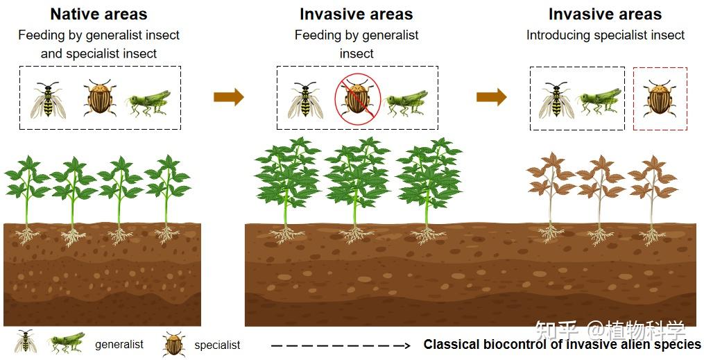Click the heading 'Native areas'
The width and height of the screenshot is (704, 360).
[98, 15]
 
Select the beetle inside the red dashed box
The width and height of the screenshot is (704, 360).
[660, 98]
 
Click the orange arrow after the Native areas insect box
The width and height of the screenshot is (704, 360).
[228, 97]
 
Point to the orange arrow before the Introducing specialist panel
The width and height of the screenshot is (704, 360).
[491, 97]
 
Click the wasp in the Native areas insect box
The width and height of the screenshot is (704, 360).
[49, 100]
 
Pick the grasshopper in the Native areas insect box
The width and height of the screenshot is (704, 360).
[150, 103]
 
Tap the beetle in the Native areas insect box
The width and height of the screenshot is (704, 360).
[100, 97]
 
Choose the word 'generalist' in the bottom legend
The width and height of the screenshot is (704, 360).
[119, 345]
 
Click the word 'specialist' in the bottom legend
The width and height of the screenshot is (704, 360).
[217, 345]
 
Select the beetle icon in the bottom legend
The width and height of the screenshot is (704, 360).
[174, 344]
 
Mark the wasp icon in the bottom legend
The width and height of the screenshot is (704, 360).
[25, 341]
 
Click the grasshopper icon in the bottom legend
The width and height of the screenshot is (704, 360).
[67, 343]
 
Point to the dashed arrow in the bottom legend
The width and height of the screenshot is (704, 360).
[341, 345]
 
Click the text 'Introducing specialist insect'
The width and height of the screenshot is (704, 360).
[606, 35]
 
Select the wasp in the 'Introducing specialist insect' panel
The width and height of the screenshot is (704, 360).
[557, 100]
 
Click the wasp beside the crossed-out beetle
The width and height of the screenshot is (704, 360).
[305, 100]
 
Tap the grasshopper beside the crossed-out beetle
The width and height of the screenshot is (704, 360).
[406, 103]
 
